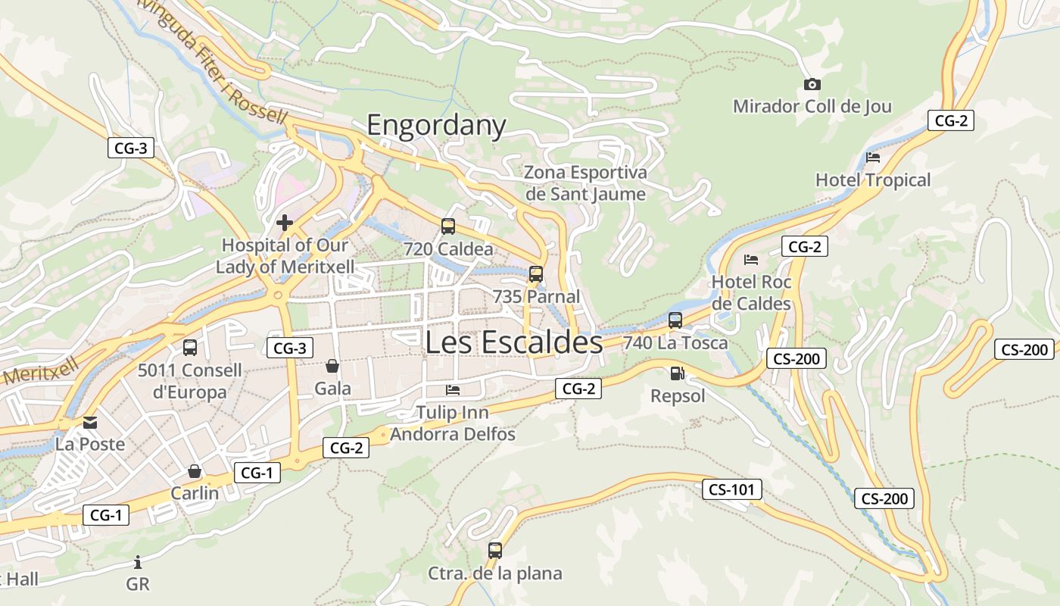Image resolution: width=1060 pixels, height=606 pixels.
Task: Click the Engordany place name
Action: tap(436, 125)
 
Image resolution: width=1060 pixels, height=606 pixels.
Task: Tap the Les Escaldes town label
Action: tap(513, 342)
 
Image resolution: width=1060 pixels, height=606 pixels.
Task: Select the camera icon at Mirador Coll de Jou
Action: tap(812, 84)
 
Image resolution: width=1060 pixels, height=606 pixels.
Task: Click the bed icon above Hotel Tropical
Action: tap(873, 158)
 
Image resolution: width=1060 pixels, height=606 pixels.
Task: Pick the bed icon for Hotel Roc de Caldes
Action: tap(751, 260)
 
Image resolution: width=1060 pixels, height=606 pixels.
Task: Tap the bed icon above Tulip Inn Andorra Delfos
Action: tap(453, 390)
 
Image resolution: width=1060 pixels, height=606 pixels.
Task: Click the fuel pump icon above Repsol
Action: tap(677, 373)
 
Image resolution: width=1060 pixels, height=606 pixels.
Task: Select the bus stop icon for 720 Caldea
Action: tap(448, 226)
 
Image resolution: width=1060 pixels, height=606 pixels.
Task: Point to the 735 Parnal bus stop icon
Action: tap(536, 273)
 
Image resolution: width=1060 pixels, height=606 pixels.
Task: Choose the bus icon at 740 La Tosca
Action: tap(675, 320)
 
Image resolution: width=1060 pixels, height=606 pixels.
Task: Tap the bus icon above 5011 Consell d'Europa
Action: tap(190, 348)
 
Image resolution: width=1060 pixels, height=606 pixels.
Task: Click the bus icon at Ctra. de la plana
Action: tap(495, 551)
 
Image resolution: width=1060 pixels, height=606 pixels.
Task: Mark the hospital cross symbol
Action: tap(285, 223)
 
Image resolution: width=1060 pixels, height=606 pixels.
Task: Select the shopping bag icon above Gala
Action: tap(332, 367)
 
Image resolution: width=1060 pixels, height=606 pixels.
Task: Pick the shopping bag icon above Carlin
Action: tap(195, 471)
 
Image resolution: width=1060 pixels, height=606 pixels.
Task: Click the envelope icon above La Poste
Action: tap(90, 422)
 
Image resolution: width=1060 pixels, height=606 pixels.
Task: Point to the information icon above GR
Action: tap(138, 562)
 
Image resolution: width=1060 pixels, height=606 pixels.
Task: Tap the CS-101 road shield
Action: tap(731, 489)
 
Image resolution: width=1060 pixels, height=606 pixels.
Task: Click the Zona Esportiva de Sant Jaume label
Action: tap(586, 183)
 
